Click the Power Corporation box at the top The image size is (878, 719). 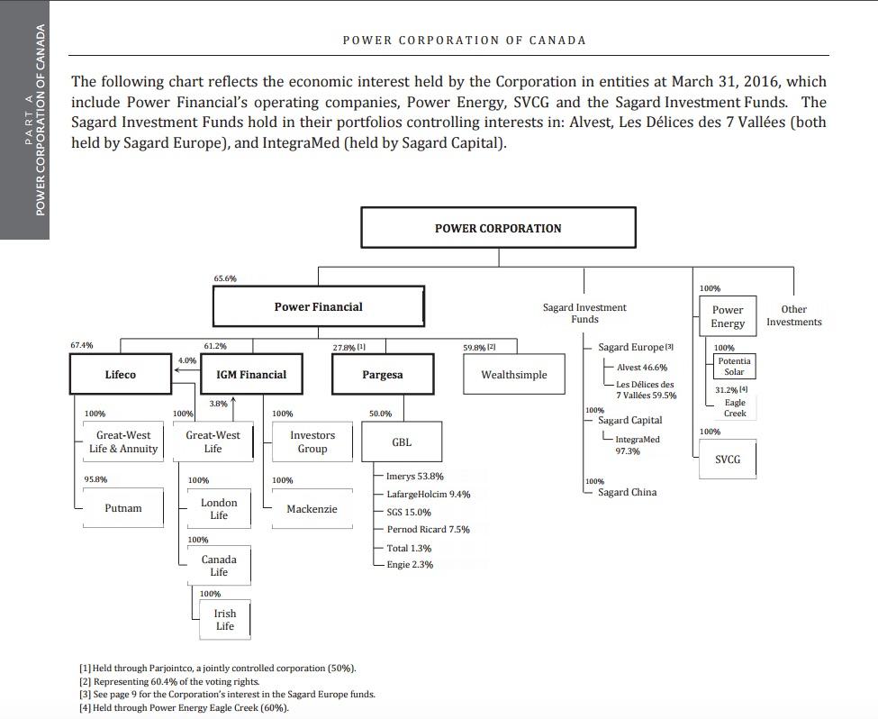498,228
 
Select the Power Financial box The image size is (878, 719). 318,307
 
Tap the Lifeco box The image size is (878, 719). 120,375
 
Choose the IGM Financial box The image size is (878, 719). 251,375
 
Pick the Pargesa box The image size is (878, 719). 382,375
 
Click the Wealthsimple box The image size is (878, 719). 513,375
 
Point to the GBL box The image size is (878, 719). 401,442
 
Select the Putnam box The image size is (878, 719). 122,508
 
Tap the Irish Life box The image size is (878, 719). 224,620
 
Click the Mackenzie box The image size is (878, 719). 312,509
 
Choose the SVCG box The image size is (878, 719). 728,460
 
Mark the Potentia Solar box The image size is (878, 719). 734,366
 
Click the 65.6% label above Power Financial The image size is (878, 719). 225,278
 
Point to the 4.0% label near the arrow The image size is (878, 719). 186,360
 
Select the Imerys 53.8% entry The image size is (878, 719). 414,476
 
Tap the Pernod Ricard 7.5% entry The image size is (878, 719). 428,530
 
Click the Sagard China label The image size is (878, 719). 627,492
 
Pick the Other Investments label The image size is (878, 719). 793,315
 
